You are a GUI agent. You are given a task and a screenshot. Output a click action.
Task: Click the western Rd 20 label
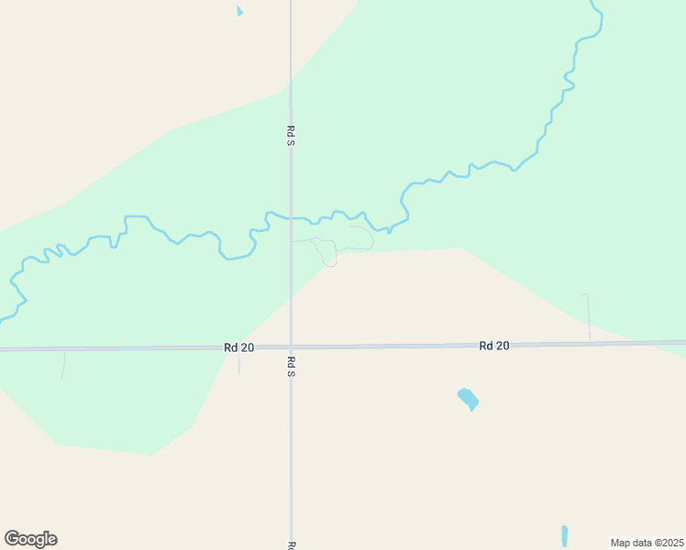point(238,347)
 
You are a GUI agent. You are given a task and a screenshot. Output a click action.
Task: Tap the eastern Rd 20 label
point(493,346)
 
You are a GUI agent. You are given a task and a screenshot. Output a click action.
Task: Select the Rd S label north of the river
point(290,136)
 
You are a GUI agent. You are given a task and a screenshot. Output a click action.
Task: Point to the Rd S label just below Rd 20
point(290,367)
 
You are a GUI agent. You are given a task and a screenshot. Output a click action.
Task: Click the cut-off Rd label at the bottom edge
point(290,545)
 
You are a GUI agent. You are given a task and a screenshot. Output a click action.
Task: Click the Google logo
point(31,539)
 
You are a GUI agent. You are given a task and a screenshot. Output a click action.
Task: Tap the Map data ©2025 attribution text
point(647,543)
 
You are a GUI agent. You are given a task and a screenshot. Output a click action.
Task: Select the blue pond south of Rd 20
point(468,399)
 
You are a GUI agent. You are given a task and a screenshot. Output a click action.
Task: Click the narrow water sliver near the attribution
point(564,535)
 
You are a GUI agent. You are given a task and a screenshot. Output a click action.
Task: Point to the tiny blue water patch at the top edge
point(240,11)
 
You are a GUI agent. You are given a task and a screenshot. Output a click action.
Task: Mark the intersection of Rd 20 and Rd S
point(291,347)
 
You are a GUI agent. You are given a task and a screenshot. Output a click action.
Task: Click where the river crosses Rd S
point(291,218)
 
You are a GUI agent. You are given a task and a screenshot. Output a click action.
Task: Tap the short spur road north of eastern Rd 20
point(587,316)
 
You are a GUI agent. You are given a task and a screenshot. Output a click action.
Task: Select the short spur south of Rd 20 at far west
point(63,364)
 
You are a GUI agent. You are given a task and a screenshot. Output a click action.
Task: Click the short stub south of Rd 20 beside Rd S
point(238,362)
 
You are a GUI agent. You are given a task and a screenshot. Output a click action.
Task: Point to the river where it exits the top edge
point(593,4)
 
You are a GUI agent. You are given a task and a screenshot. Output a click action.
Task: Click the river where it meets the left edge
point(4,319)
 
